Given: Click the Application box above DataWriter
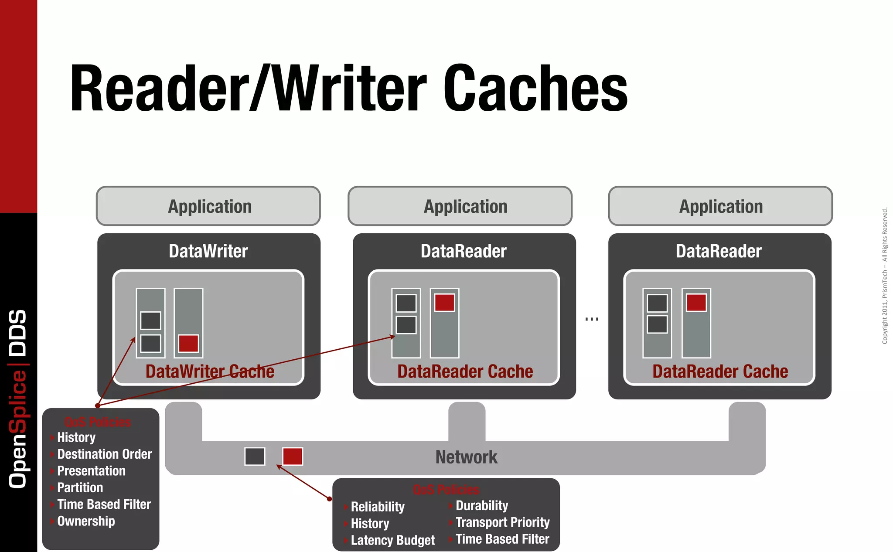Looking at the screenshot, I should pos(208,206).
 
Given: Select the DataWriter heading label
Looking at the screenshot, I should pos(208,251).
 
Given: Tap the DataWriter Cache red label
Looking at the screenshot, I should pos(210,371).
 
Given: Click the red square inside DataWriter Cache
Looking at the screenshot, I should pos(188,344).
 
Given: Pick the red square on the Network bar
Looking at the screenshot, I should pos(293,457).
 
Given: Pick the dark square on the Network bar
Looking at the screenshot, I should pos(255,457).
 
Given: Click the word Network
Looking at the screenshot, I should pos(466,457).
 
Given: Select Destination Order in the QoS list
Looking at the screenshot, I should pos(104,454).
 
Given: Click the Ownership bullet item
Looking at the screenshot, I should pos(86,521).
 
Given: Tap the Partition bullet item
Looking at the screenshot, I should pos(80,487).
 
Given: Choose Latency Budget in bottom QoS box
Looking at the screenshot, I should pos(392,540).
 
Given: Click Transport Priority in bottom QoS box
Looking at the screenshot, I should pos(502,522).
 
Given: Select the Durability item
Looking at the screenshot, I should pos(482,506).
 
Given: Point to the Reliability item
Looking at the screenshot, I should pos(378,507).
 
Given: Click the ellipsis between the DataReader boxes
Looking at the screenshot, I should pos(592,319).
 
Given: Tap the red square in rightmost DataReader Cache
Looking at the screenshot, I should pos(696,303).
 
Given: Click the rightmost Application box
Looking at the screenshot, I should pos(720,206).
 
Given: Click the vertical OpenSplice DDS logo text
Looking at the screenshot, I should pos(18,399).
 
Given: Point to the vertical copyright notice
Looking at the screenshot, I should pos(885,276).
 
